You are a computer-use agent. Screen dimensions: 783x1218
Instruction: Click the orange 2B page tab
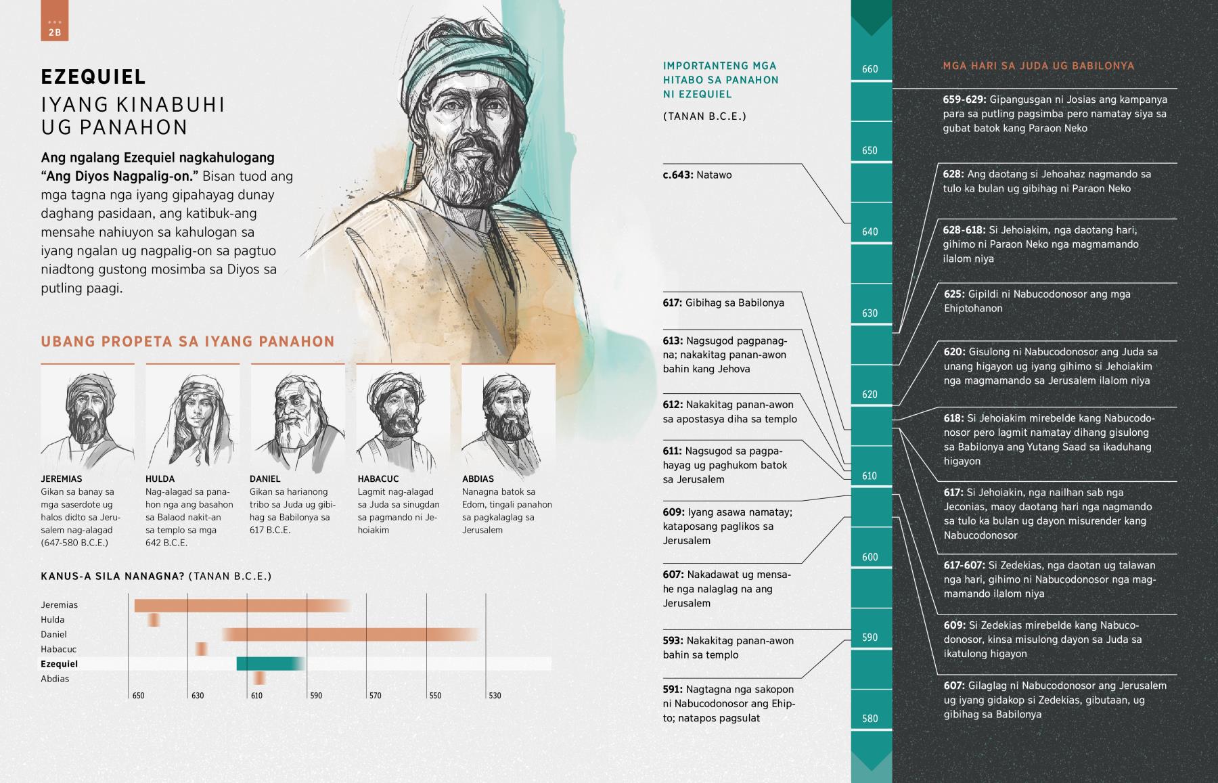54,20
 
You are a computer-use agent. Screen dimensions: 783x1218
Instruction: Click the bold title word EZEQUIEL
93,76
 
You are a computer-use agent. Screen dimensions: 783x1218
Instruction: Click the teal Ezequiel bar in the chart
269,664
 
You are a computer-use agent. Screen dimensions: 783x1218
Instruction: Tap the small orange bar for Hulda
154,619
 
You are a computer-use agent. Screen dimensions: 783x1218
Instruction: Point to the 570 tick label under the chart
375,696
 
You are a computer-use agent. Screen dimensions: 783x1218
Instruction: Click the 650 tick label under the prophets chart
138,696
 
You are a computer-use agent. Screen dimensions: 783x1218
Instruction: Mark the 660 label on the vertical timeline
870,69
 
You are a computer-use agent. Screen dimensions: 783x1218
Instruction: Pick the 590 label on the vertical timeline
870,637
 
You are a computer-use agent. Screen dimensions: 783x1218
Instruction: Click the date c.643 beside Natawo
678,175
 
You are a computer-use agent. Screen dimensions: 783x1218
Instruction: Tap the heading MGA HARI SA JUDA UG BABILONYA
1038,66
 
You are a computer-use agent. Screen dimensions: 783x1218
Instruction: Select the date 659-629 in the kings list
964,99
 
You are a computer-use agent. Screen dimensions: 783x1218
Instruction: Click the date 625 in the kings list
954,294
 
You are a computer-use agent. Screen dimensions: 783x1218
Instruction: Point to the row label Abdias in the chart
55,679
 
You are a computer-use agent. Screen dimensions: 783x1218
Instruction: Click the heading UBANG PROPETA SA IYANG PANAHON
187,342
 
